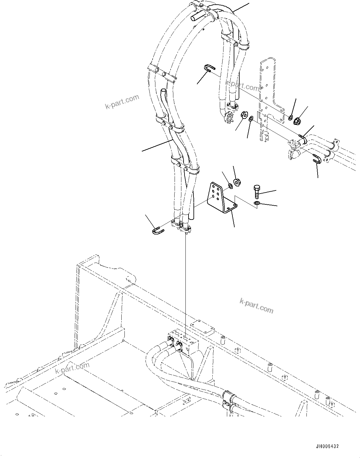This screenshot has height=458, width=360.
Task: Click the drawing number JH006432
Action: pos(327,446)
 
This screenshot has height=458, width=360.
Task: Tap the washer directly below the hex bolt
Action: pos(257,203)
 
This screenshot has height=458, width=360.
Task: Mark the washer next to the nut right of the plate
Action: pos(291,118)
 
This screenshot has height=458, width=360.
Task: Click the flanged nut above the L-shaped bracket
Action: pos(237,182)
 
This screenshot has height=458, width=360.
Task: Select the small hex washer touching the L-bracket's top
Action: pos(231,186)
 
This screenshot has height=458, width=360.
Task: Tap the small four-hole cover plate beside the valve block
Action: pos(203,327)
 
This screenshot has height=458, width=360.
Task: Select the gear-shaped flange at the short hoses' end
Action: pos(229,118)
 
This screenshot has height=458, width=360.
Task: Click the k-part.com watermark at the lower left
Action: pos(72,368)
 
